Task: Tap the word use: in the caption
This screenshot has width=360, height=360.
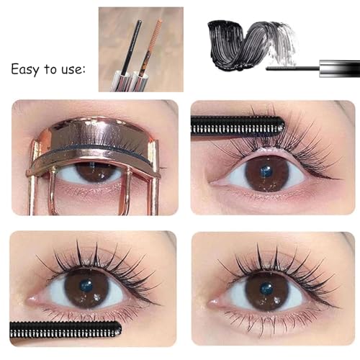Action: click(x=70, y=70)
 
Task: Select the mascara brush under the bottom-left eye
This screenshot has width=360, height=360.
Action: click(x=65, y=330)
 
